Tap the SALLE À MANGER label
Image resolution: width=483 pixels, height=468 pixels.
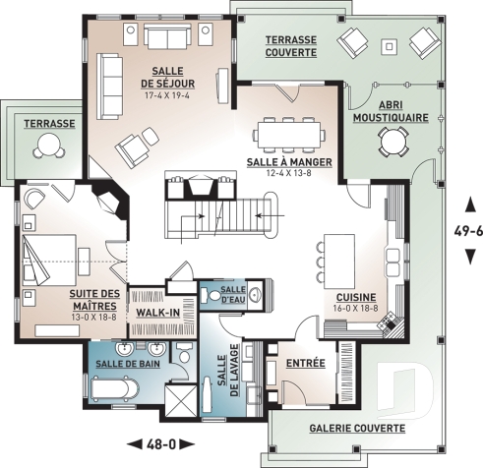coord(289,160)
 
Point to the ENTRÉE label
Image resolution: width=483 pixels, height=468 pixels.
coord(305,364)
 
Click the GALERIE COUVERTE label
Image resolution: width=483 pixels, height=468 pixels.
coord(357,429)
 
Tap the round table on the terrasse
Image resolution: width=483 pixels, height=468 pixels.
coord(45,146)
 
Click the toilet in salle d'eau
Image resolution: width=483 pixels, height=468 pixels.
coord(257,292)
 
